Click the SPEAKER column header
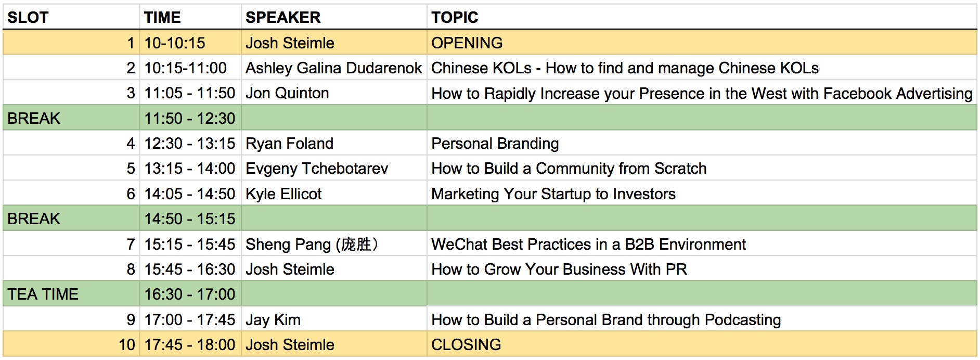283,18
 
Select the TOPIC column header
455,18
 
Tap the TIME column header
162,18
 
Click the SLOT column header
28,18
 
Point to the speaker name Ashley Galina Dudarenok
333,68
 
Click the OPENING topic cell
467,43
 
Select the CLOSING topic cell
466,344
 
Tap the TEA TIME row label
43,294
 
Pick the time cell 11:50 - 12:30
190,118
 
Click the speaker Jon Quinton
287,93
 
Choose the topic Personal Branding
495,144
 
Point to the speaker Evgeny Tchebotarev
317,169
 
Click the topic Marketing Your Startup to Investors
553,194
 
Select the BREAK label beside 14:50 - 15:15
34,219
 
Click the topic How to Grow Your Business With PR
559,269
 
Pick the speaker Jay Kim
273,320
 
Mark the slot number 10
127,344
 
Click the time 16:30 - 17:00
190,294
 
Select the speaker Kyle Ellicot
283,194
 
